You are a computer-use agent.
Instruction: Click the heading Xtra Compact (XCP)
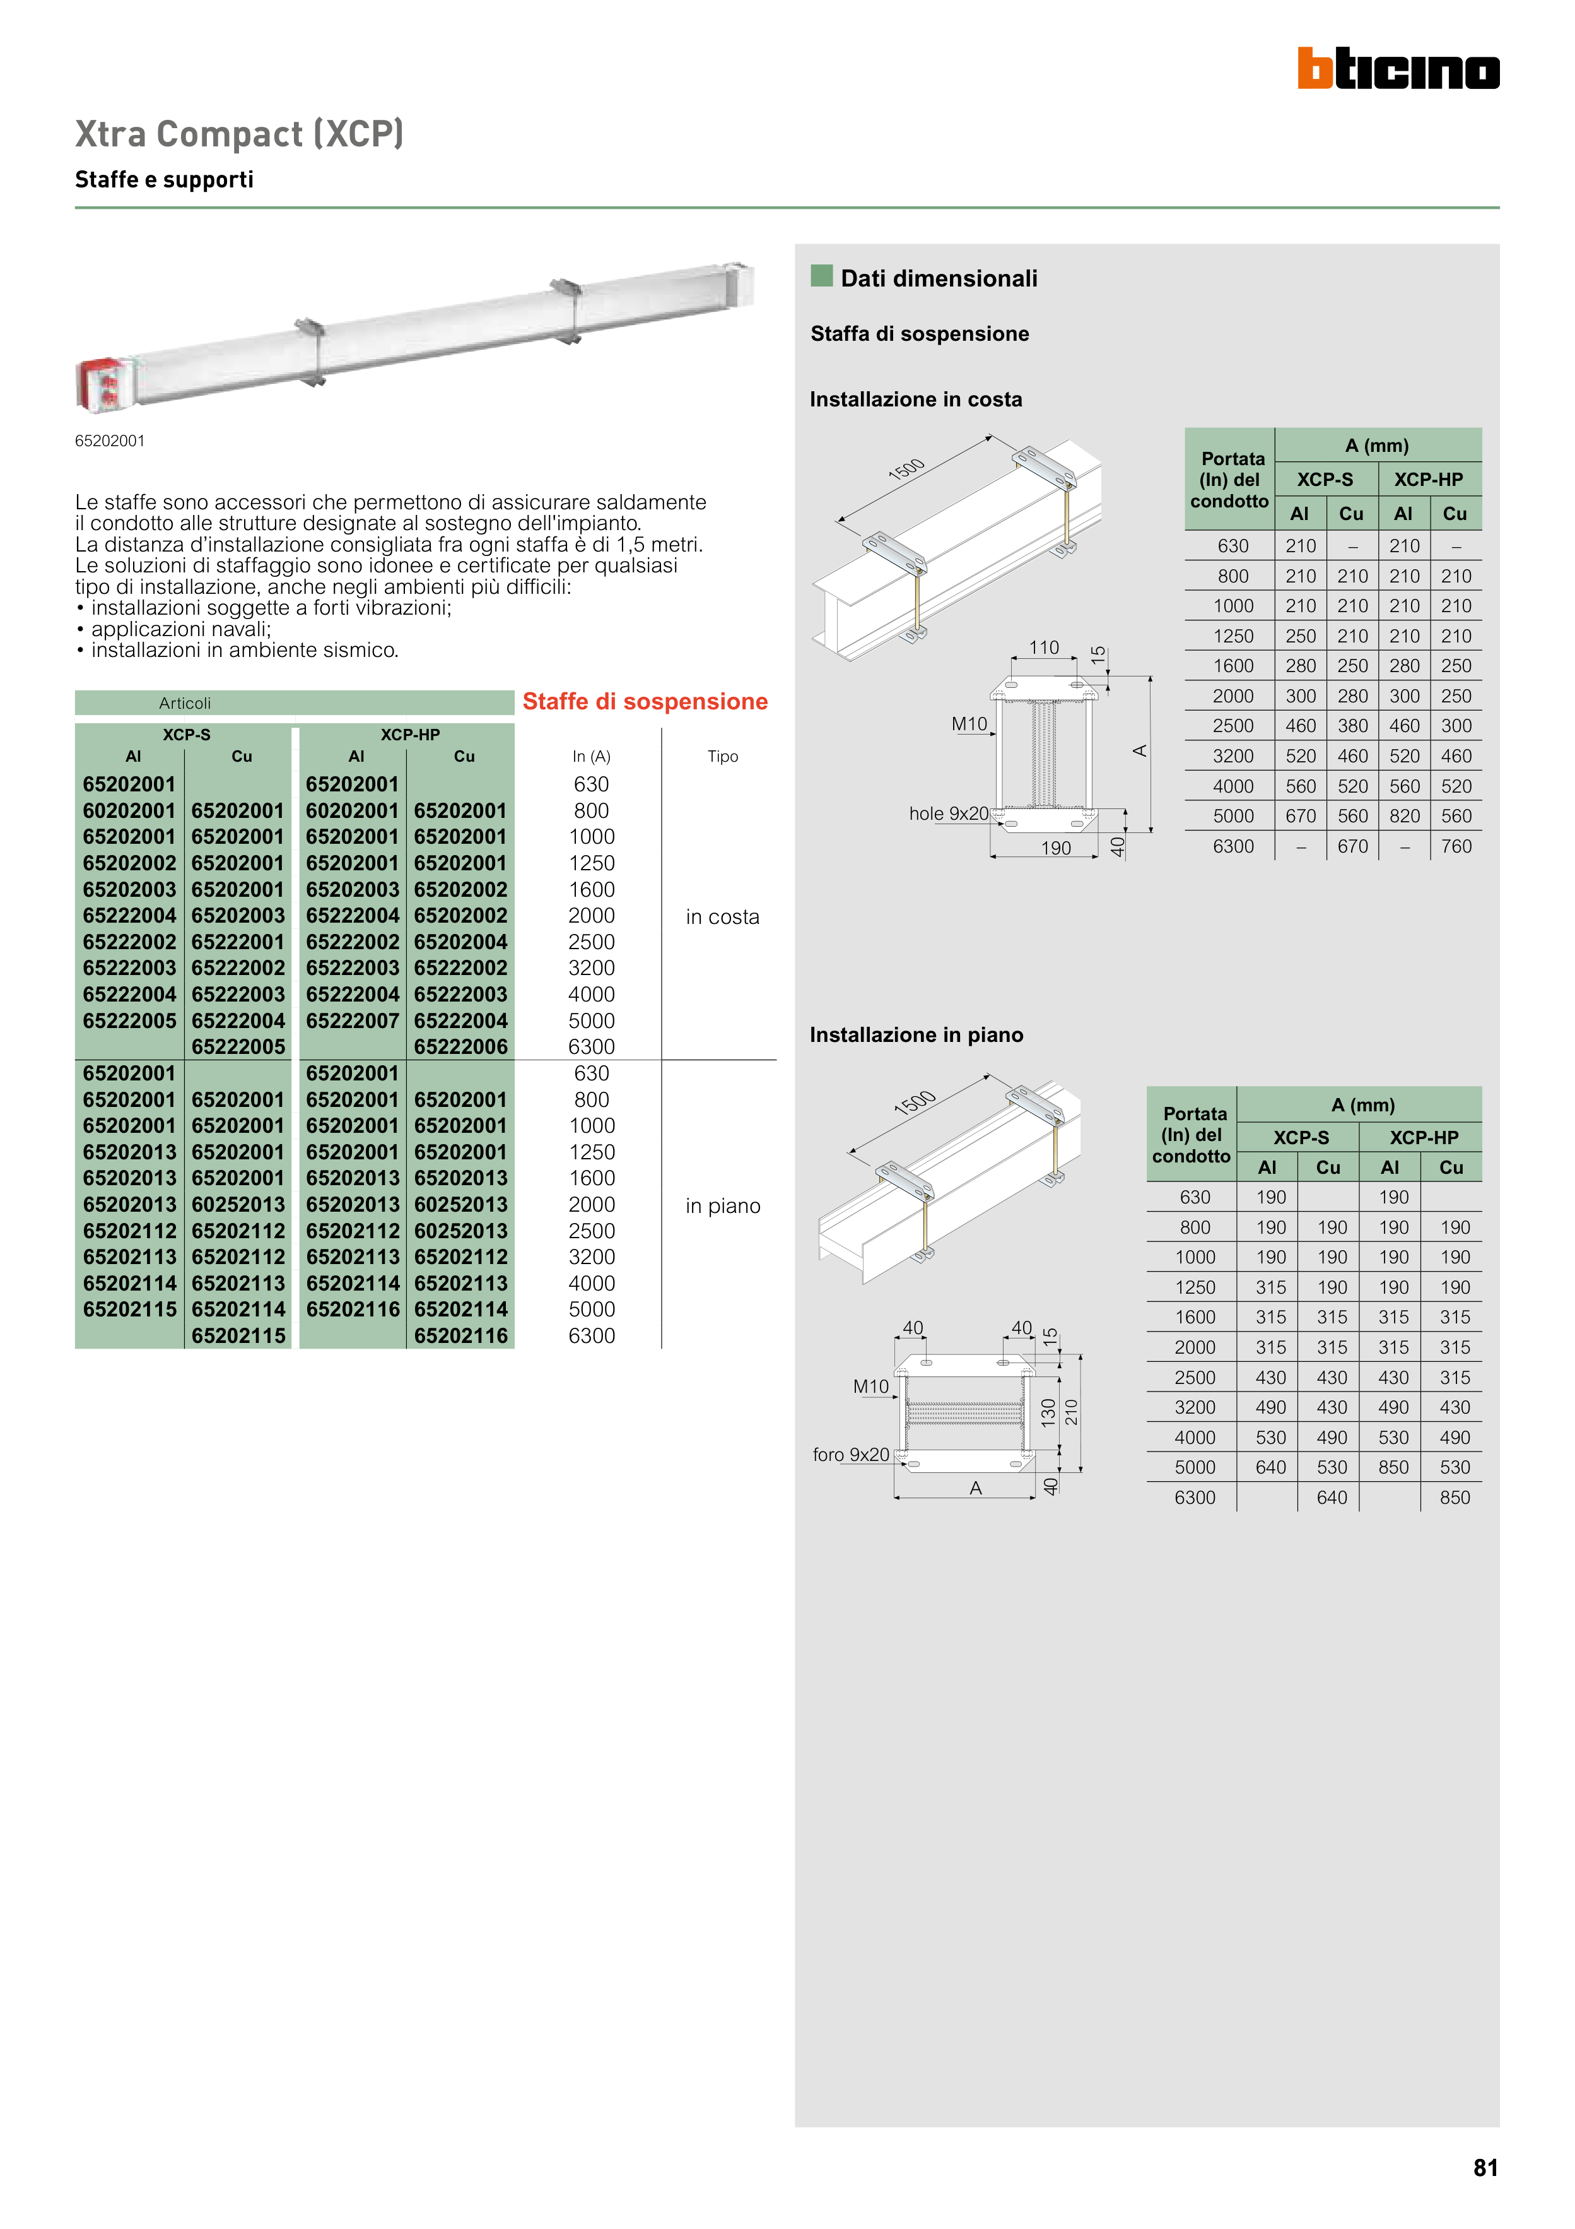click(x=238, y=134)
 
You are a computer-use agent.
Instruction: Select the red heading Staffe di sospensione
click(x=645, y=702)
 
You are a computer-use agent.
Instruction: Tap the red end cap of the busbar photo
click(x=102, y=382)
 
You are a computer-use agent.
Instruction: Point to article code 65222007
click(x=351, y=1021)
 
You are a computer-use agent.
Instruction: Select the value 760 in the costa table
click(x=1456, y=846)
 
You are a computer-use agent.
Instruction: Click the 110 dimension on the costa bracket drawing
click(x=1043, y=647)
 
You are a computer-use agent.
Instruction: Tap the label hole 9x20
click(x=948, y=813)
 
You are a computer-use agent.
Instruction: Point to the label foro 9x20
click(x=850, y=1454)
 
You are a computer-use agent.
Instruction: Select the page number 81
click(x=1485, y=2168)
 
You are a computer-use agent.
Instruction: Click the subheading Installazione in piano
click(x=916, y=1035)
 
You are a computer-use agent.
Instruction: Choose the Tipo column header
click(x=722, y=756)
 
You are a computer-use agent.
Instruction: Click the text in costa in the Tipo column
click(x=722, y=918)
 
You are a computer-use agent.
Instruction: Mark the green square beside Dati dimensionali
click(x=822, y=276)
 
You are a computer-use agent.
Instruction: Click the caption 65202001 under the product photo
click(x=110, y=440)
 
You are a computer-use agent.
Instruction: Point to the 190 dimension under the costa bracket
click(x=1056, y=848)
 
